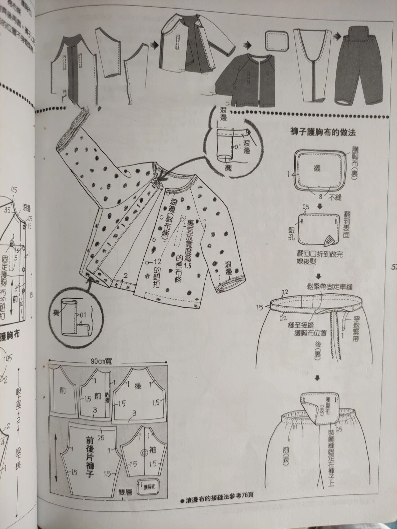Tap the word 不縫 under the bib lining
[335, 197]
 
